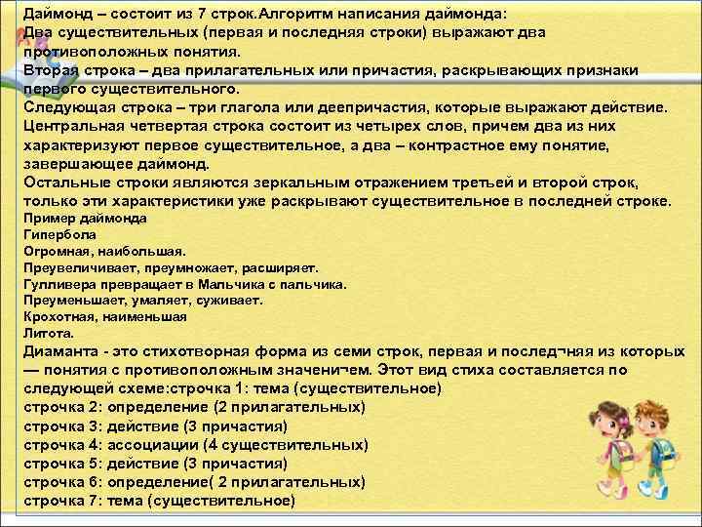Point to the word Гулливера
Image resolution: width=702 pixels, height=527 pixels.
coord(57,284)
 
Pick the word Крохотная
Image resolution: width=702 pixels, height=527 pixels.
coord(57,317)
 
